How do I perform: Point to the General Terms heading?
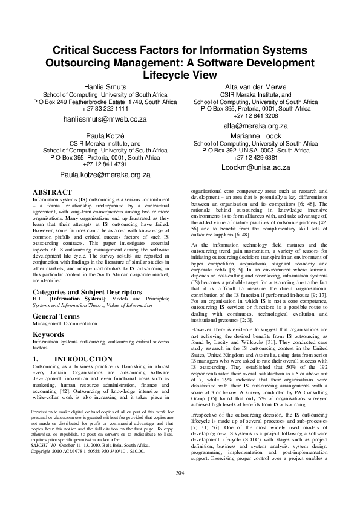click(x=57, y=316)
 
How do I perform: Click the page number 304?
click(x=180, y=489)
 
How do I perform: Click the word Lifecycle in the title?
click(x=180, y=75)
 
